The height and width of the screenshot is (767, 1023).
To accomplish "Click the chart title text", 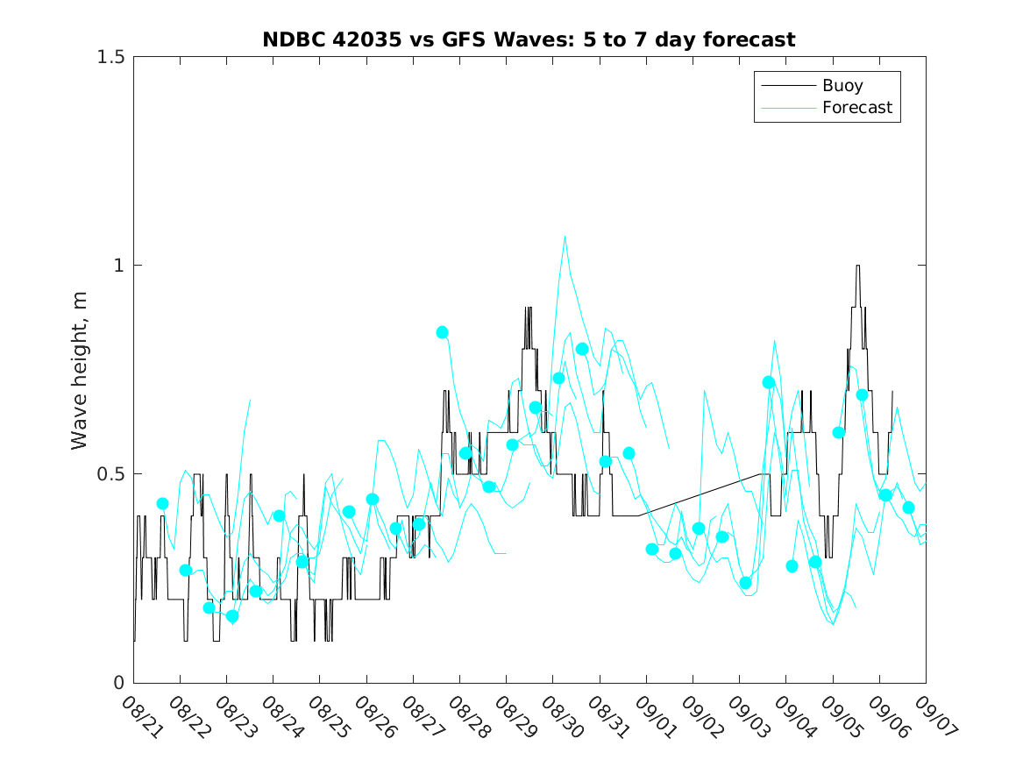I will (x=529, y=40).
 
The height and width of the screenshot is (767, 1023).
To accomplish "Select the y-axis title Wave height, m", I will (x=80, y=369).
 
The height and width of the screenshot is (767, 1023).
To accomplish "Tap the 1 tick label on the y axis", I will (x=118, y=266).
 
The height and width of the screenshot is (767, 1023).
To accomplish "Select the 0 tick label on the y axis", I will (x=118, y=683).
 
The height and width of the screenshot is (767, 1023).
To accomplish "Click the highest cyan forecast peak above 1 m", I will (x=565, y=236).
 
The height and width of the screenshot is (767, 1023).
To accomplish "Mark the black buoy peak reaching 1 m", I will (x=857, y=266).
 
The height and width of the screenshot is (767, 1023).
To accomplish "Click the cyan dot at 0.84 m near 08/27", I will (x=443, y=332).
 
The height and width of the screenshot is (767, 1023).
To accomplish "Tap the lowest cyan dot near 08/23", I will (x=232, y=616).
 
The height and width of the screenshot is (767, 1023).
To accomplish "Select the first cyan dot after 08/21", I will (x=162, y=503).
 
